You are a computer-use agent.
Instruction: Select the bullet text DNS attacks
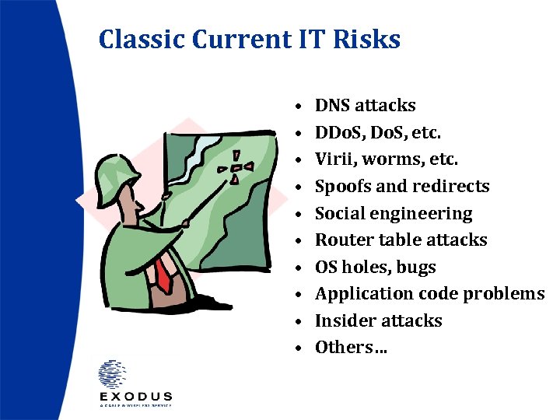[x=365, y=106]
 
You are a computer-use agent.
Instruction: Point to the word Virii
[x=332, y=159]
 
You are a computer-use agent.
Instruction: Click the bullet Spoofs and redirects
[x=401, y=187]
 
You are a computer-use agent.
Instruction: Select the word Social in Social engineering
[x=339, y=214]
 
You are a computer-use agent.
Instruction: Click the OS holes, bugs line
[x=375, y=268]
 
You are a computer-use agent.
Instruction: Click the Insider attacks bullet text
[x=378, y=320]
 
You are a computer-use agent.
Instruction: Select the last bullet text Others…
[x=351, y=348]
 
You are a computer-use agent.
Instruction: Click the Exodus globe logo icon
[x=114, y=374]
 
